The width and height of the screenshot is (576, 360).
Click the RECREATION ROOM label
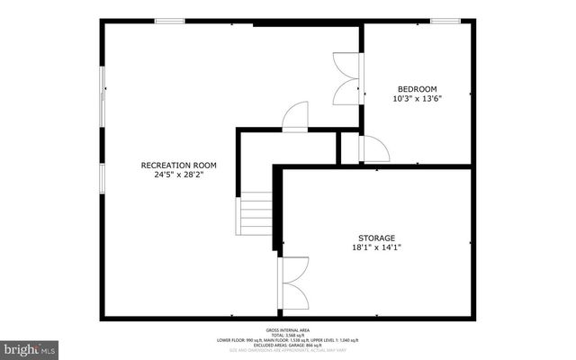click(179, 165)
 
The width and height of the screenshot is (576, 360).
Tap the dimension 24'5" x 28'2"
click(179, 175)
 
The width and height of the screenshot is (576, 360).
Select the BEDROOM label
click(418, 88)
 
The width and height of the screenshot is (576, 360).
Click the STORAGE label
click(376, 238)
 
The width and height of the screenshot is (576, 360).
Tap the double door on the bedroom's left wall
click(347, 78)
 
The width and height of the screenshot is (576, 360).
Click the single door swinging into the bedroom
click(374, 149)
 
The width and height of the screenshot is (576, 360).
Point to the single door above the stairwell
click(295, 118)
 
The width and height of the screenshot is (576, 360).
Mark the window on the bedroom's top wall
click(445, 21)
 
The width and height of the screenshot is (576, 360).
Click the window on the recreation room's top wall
click(169, 21)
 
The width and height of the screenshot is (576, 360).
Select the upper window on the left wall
click(102, 93)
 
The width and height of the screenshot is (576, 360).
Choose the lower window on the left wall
click(102, 177)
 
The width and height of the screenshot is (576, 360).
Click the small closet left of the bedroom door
click(349, 148)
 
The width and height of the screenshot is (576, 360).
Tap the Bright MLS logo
click(30, 347)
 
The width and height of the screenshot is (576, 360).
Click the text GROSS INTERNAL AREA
click(287, 330)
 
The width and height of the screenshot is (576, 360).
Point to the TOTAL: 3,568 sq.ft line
click(287, 335)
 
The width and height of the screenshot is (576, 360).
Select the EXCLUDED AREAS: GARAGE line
click(287, 345)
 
